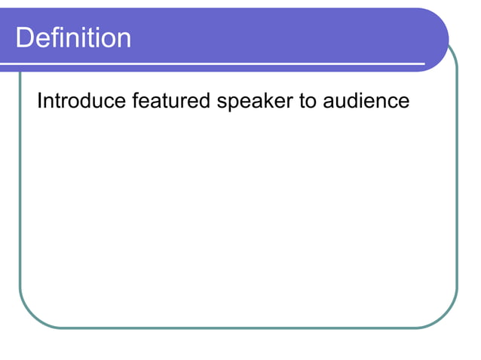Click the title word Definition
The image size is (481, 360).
pyautogui.click(x=73, y=38)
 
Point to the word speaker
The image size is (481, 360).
pyautogui.click(x=256, y=102)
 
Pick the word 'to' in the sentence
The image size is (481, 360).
pyautogui.click(x=308, y=101)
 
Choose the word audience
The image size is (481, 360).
pyautogui.click(x=366, y=101)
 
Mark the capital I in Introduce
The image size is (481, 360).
pyautogui.click(x=40, y=101)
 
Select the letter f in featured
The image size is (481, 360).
pyautogui.click(x=136, y=100)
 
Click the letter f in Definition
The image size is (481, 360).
pyautogui.click(x=51, y=37)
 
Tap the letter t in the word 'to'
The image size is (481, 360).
pyautogui.click(x=302, y=101)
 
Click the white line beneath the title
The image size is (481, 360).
pyautogui.click(x=226, y=64)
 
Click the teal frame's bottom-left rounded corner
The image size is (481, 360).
pyautogui.click(x=30, y=318)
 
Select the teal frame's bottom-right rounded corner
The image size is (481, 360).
pyautogui.click(x=446, y=318)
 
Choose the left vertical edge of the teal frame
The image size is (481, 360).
pyautogui.click(x=20, y=188)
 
